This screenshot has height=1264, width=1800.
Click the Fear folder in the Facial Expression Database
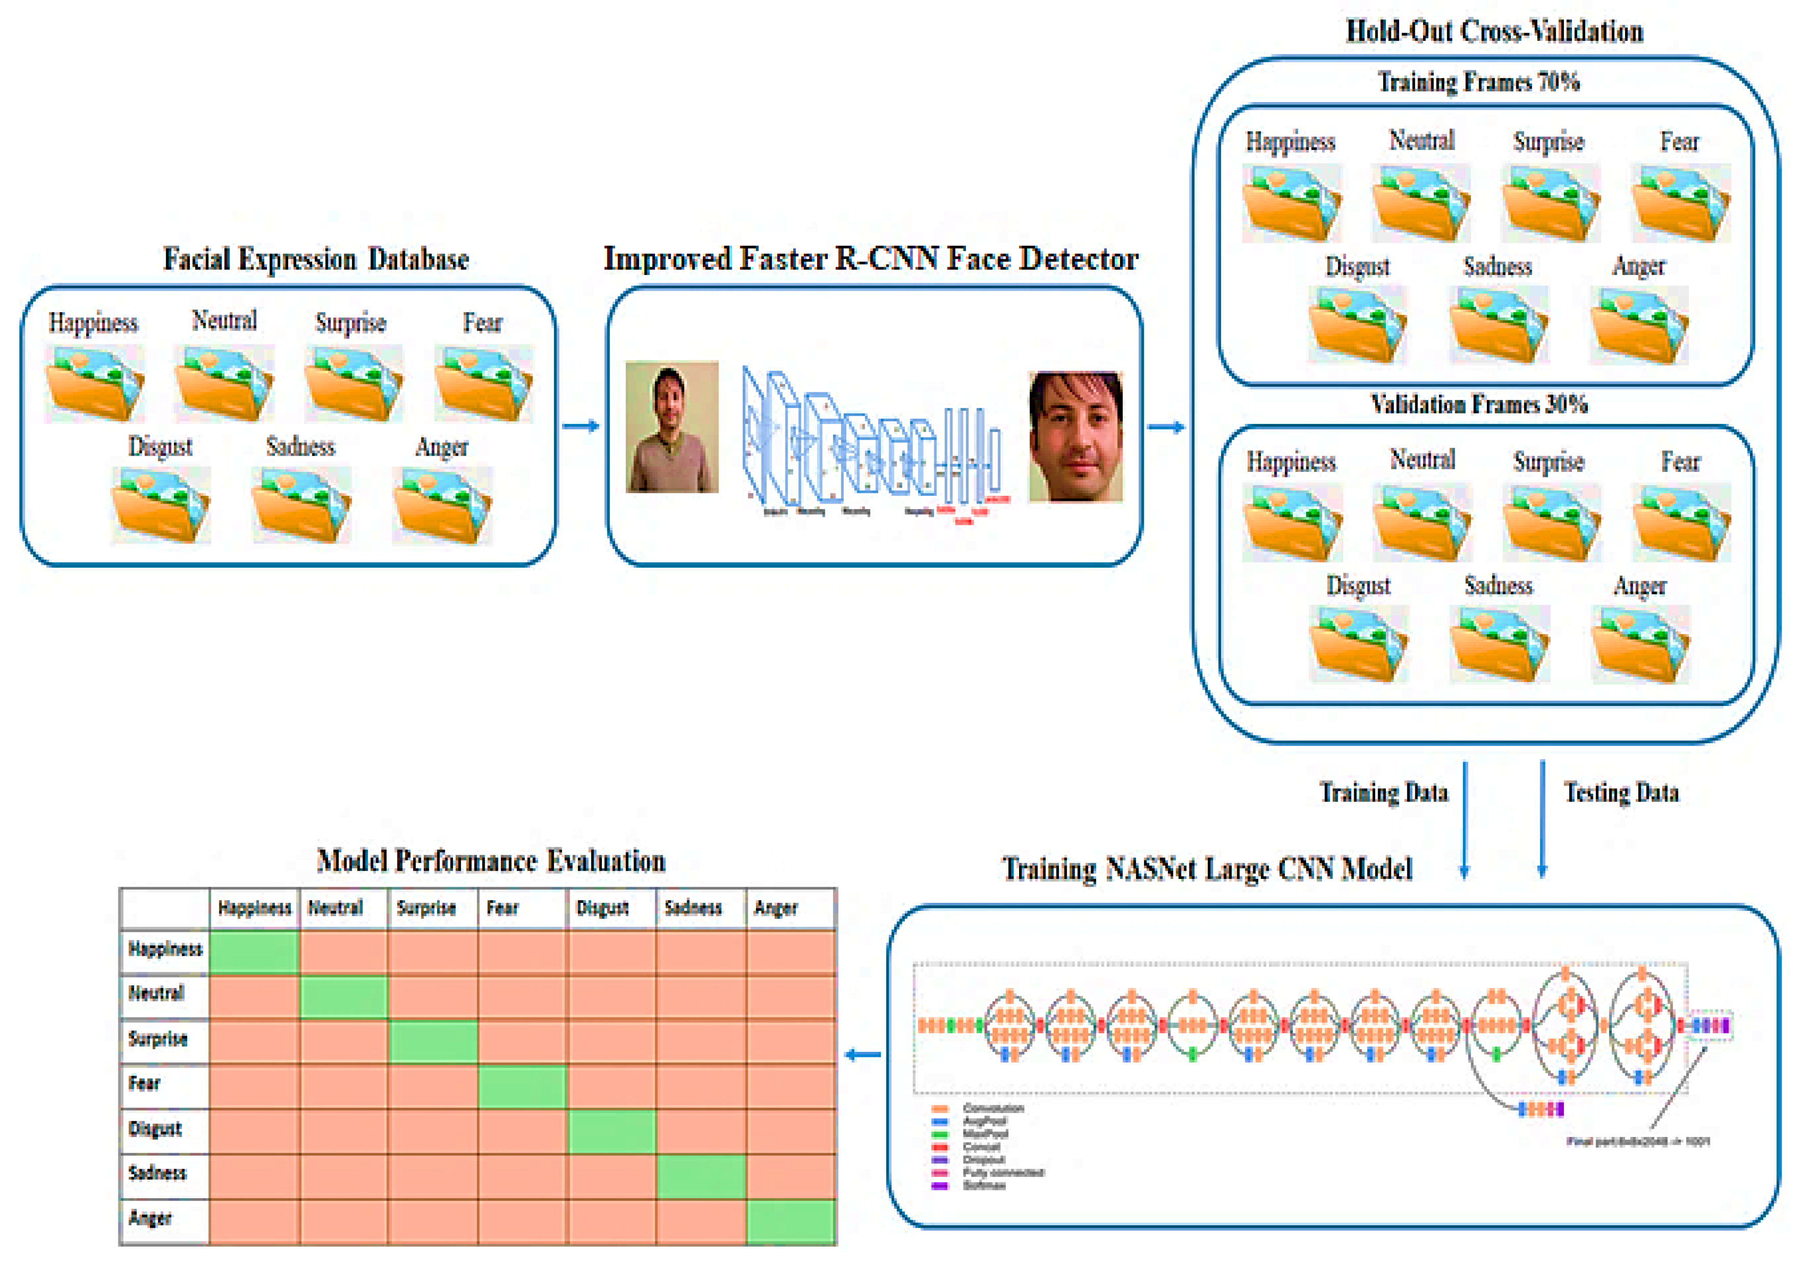pyautogui.click(x=484, y=384)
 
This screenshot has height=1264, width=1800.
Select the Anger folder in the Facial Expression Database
pyautogui.click(x=442, y=506)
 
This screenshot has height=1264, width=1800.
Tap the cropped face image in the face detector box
pyautogui.click(x=1076, y=437)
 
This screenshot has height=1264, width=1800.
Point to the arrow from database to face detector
pyautogui.click(x=581, y=426)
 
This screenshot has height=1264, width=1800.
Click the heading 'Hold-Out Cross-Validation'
pyautogui.click(x=1494, y=31)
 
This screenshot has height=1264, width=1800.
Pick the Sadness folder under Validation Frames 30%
pyautogui.click(x=1499, y=644)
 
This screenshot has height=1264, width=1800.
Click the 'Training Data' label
pyautogui.click(x=1384, y=793)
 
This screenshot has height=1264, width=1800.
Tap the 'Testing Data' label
pyautogui.click(x=1621, y=793)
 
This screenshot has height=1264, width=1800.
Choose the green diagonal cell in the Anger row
pyautogui.click(x=791, y=1221)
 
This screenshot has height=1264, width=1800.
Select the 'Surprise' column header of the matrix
pyautogui.click(x=426, y=908)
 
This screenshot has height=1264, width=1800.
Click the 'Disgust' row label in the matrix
pyautogui.click(x=155, y=1129)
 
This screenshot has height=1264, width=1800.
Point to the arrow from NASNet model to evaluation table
pyautogui.click(x=863, y=1055)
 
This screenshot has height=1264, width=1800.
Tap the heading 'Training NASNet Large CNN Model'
pyautogui.click(x=1207, y=869)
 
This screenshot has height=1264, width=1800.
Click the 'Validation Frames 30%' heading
pyautogui.click(x=1479, y=405)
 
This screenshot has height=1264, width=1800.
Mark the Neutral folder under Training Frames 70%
pyautogui.click(x=1422, y=203)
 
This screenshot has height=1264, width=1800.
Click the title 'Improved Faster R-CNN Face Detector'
pyautogui.click(x=871, y=259)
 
